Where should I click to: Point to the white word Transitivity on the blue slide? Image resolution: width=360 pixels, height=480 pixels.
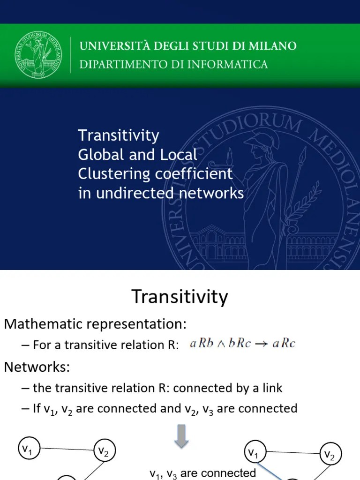119,135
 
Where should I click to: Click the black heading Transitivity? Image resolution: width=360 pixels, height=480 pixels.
180,297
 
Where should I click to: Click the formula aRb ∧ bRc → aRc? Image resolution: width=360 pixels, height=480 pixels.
242,344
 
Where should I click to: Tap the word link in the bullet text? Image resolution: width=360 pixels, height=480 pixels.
271,388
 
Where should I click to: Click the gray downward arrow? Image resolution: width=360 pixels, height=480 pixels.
181,435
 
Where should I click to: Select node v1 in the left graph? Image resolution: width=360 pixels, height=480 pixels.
28,449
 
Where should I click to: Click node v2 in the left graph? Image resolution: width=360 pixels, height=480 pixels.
104,451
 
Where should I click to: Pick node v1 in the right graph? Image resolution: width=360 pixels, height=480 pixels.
254,453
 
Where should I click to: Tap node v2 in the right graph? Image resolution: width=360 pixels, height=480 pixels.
330,455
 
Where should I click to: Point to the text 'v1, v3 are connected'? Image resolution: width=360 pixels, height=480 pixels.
202,472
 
